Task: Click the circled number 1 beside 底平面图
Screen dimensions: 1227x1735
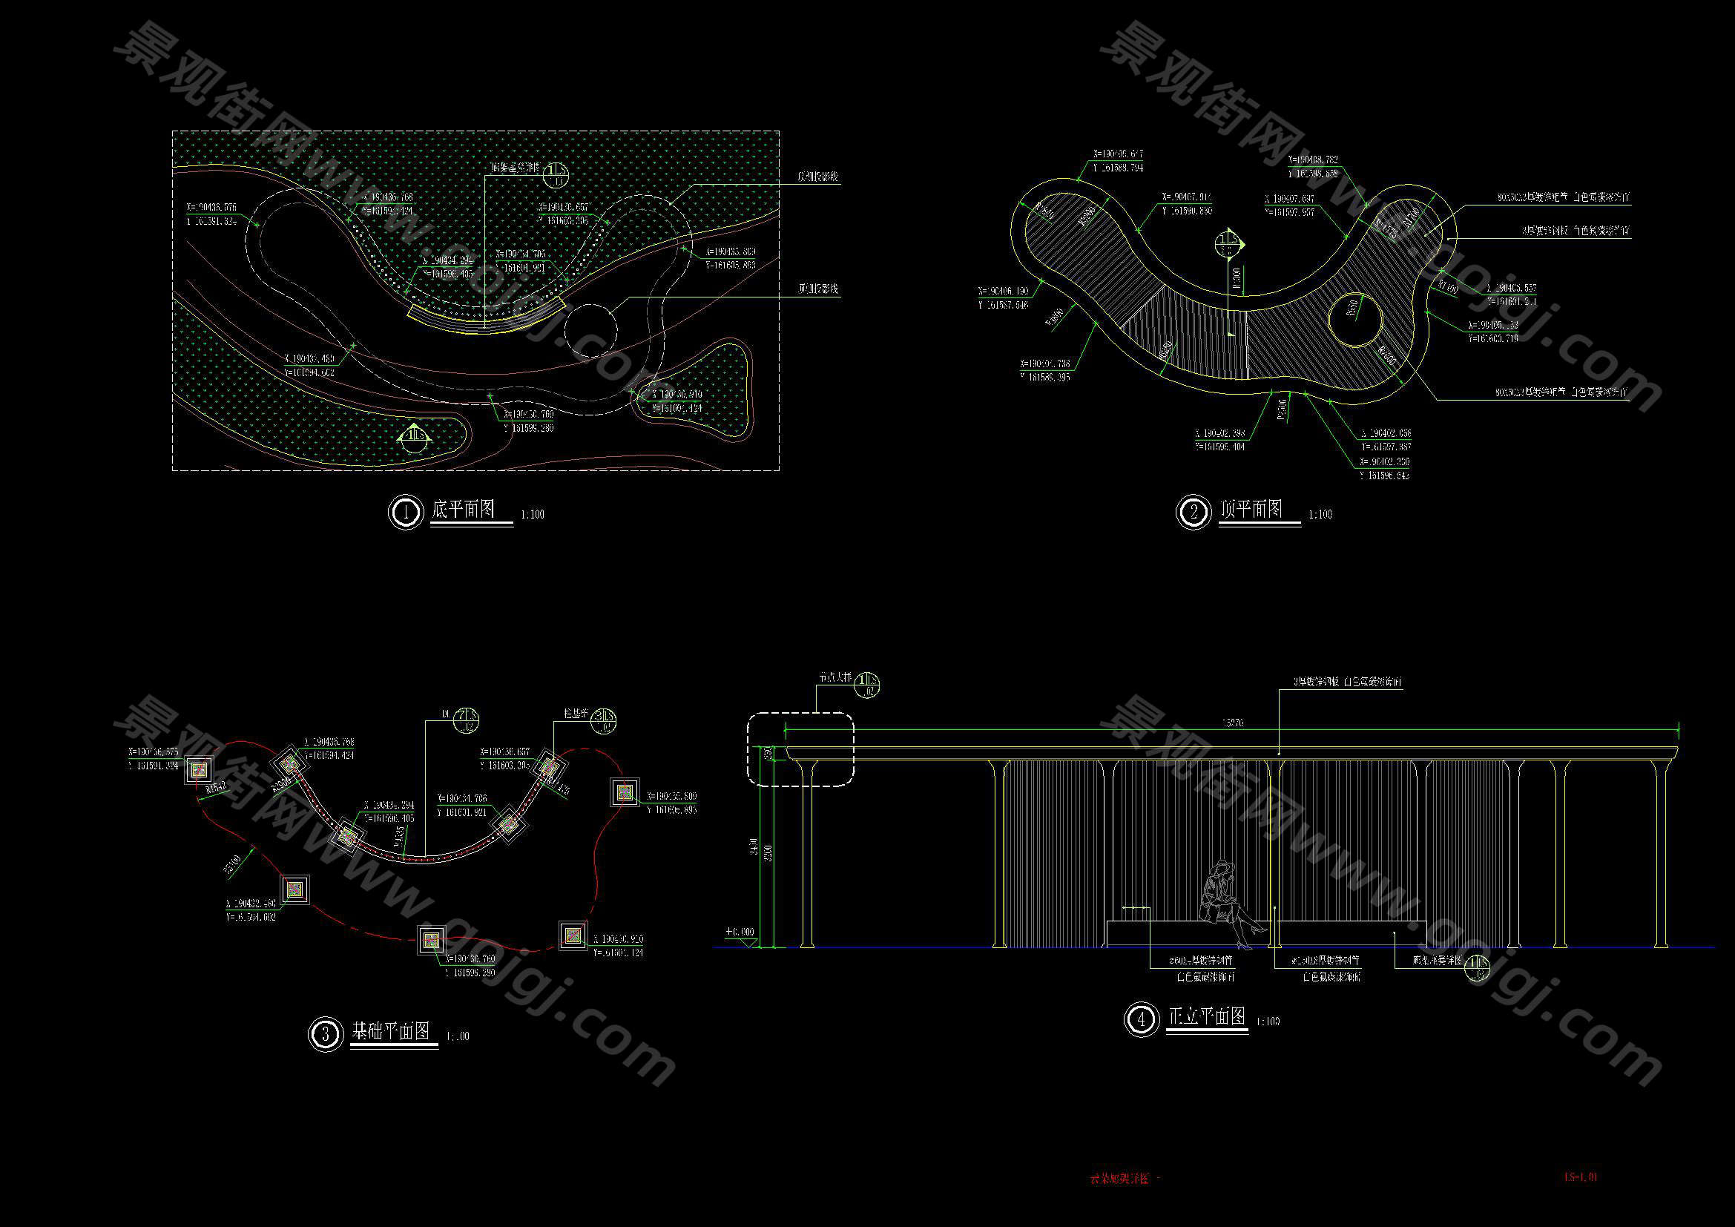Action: (x=406, y=513)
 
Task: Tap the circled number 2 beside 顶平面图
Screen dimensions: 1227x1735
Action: (x=1194, y=513)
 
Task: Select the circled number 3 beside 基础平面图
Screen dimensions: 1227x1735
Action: (x=326, y=1033)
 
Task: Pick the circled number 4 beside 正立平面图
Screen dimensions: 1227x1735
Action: (x=1141, y=1019)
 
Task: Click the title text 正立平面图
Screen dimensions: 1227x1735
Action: (x=1207, y=1017)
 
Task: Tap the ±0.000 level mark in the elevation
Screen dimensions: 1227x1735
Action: (x=740, y=934)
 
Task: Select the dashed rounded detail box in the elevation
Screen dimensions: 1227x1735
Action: (x=800, y=749)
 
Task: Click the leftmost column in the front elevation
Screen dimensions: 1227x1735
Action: (x=806, y=854)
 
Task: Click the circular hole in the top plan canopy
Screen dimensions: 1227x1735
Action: (x=1355, y=320)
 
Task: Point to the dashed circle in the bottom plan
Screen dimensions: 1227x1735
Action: (x=590, y=330)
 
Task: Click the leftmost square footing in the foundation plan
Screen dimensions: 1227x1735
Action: (x=200, y=770)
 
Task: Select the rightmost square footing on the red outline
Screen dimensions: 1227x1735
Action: (x=625, y=792)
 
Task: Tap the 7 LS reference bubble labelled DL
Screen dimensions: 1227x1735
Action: (x=468, y=720)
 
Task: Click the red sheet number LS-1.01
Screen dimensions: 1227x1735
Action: (x=1580, y=1177)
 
